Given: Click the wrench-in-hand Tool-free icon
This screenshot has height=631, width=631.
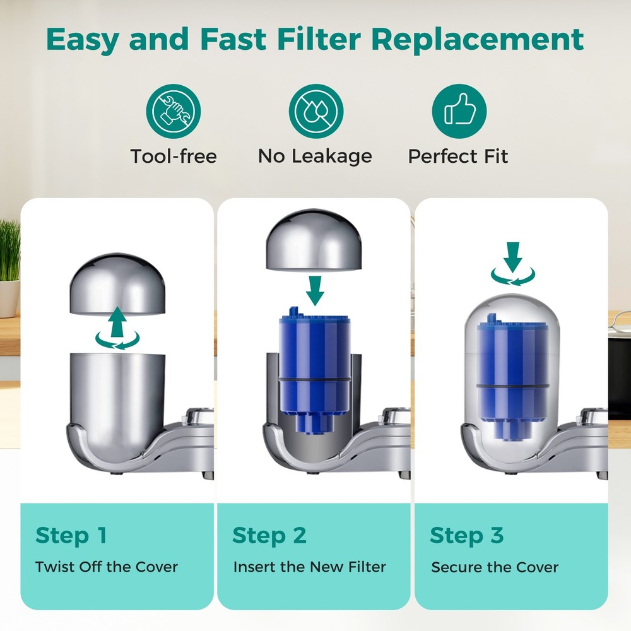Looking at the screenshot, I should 173,112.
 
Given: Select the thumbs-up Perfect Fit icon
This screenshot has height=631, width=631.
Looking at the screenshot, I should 459,112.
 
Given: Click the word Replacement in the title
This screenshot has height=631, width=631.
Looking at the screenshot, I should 477,39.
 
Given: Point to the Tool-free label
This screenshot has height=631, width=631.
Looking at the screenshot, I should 173,156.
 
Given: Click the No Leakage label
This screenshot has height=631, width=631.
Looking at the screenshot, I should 315,156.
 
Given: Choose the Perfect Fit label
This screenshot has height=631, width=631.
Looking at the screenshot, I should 458,156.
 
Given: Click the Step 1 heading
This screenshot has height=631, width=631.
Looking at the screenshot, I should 71,535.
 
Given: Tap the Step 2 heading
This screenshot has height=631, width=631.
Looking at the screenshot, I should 269,535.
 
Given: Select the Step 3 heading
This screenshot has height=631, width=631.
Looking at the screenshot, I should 466,535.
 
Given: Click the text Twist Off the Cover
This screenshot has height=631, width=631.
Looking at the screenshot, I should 107,566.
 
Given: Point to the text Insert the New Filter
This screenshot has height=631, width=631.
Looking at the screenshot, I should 309,566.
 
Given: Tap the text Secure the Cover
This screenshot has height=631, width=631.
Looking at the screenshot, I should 495,567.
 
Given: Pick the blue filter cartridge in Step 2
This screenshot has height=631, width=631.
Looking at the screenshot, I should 314,366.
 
